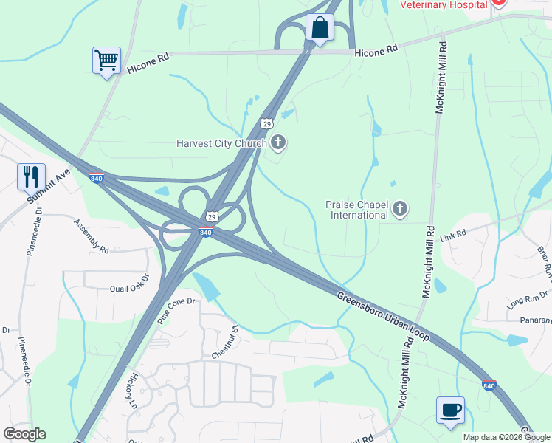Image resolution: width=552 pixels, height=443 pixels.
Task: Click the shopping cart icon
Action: [x=106, y=61]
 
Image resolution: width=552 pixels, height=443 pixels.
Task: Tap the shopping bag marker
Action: [x=320, y=28]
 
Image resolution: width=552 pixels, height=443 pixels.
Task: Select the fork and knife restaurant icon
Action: [x=31, y=176]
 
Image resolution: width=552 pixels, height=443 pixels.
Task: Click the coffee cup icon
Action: [x=450, y=411]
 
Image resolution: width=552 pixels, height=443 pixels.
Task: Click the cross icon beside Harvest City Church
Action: [x=278, y=142]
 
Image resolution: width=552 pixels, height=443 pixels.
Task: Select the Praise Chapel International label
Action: [x=357, y=210]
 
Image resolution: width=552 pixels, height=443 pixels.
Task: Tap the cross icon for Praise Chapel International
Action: [x=400, y=209]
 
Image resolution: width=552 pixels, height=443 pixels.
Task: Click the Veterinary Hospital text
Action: [x=443, y=4]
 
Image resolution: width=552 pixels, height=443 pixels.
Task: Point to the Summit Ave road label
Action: [x=48, y=186]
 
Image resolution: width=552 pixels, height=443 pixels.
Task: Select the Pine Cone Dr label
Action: [x=175, y=311]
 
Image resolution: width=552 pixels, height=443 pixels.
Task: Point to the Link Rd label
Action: [x=454, y=234]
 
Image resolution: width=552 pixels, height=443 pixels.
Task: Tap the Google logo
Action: [x=24, y=433]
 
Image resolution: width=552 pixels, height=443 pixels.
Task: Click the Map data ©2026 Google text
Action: [x=506, y=437]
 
